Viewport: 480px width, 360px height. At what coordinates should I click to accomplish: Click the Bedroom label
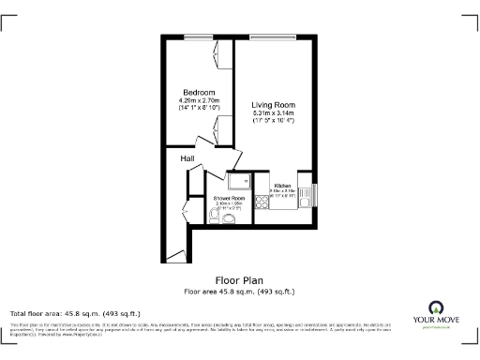[198, 92]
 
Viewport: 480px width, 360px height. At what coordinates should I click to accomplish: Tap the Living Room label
[273, 106]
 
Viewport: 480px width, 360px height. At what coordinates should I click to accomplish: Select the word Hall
[187, 158]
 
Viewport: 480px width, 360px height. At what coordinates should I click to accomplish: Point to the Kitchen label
[283, 186]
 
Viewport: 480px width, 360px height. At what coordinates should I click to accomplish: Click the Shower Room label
[229, 199]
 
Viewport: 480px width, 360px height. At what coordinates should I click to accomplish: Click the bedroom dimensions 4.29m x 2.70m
[198, 100]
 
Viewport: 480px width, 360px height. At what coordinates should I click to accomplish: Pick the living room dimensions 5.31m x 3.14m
[273, 114]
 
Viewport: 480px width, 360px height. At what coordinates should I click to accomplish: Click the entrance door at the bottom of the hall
[174, 254]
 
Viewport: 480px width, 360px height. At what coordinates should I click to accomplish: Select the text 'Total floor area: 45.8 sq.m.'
[74, 312]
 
